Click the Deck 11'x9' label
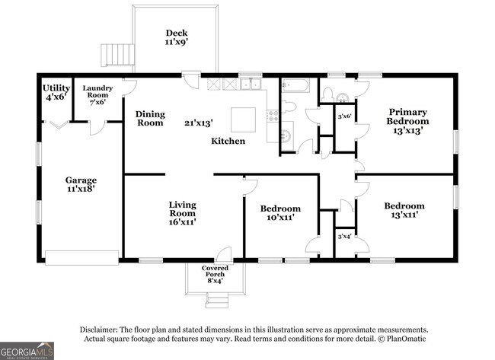[x=177, y=37]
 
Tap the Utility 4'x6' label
[x=56, y=92]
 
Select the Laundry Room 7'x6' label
[x=97, y=95]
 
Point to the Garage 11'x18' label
[x=81, y=184]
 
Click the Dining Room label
[x=150, y=118]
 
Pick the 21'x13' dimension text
[x=199, y=123]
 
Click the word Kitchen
[x=228, y=141]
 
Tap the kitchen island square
[x=243, y=120]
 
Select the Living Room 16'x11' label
[x=183, y=213]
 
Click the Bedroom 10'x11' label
[x=280, y=213]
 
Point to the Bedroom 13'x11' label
[x=404, y=211]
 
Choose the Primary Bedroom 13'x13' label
[x=407, y=121]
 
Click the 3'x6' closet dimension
[x=344, y=116]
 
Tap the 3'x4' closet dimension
[x=344, y=236]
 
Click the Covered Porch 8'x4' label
[x=215, y=274]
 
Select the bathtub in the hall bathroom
[x=295, y=85]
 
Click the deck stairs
[x=117, y=56]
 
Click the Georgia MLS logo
[x=27, y=351]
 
